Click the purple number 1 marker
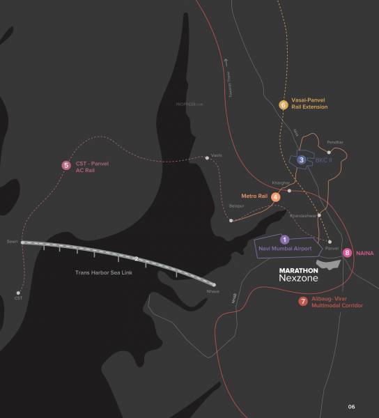[x=284, y=239]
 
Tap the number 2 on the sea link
[x=137, y=258]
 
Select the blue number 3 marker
[x=301, y=160]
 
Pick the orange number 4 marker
[x=277, y=197]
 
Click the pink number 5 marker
[x=66, y=165]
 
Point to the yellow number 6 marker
[x=284, y=104]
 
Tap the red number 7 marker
[x=302, y=302]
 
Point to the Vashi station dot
[x=207, y=158]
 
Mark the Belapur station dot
[x=231, y=221]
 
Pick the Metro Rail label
[x=254, y=196]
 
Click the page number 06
[x=351, y=406]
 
